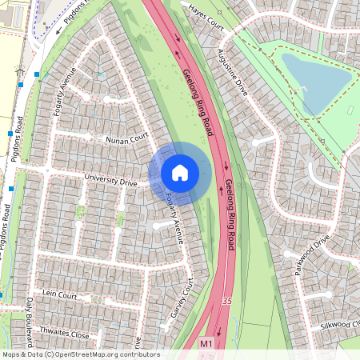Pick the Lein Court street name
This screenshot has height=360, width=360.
(x=59, y=295)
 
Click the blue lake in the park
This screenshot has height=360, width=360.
(x=316, y=80)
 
